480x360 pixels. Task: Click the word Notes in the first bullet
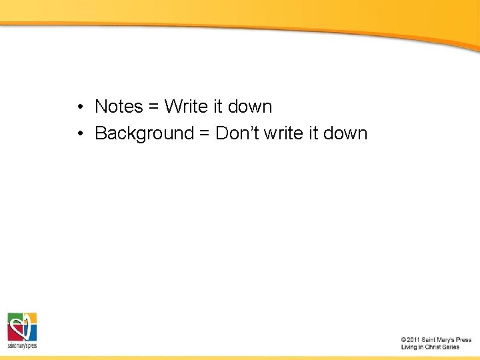pos(119,107)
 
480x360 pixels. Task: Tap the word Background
pos(144,133)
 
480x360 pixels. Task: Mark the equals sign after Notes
pos(153,107)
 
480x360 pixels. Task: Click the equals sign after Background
pos(204,133)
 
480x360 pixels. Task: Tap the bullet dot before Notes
pos(79,107)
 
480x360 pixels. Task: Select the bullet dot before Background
pos(79,133)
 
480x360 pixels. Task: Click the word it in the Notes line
pos(218,107)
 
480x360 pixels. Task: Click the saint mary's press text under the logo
pos(22,345)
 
